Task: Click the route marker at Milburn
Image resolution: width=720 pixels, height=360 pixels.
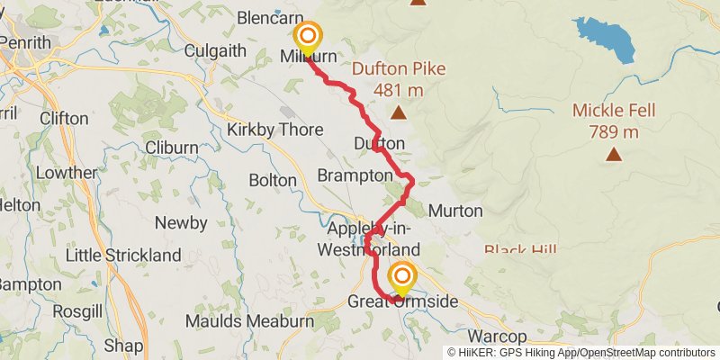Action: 308,37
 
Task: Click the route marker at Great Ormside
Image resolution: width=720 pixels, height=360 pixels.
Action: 402,276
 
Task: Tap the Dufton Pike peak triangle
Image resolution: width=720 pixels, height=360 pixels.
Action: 398,112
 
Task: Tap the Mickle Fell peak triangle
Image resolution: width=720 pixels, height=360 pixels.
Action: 614,154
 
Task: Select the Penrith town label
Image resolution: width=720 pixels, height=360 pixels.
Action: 25,41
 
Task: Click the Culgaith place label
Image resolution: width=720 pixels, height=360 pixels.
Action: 215,51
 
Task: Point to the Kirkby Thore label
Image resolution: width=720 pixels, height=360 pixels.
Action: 274,130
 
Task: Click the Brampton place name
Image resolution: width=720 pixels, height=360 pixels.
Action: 355,175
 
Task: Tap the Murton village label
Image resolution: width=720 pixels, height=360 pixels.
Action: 456,211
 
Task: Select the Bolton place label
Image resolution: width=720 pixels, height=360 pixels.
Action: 272,181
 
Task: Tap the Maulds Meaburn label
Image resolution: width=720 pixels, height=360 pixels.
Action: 249,320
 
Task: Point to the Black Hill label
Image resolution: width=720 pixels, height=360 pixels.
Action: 521,249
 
